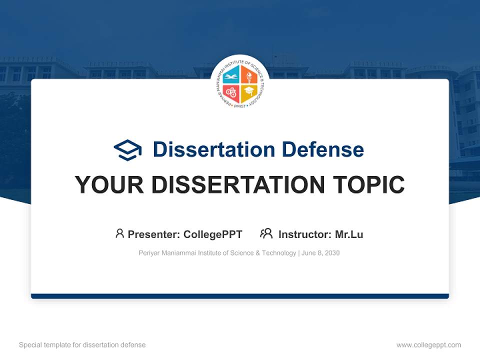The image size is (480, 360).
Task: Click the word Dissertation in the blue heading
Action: point(213,149)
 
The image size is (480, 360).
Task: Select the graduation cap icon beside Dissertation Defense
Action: point(127,149)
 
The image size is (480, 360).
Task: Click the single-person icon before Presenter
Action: point(119,233)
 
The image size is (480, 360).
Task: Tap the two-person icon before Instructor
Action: point(266,233)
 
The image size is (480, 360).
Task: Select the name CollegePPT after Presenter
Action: point(212,234)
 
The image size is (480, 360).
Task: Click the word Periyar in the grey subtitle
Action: point(149,253)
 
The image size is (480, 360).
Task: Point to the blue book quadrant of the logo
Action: point(231,75)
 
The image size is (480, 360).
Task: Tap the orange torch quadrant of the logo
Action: point(248,75)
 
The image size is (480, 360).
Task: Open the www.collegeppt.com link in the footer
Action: point(428,345)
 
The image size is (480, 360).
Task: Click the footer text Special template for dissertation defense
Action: point(82,345)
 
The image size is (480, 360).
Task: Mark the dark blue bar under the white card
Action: point(240,296)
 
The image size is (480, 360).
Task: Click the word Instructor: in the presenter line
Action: point(304,234)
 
